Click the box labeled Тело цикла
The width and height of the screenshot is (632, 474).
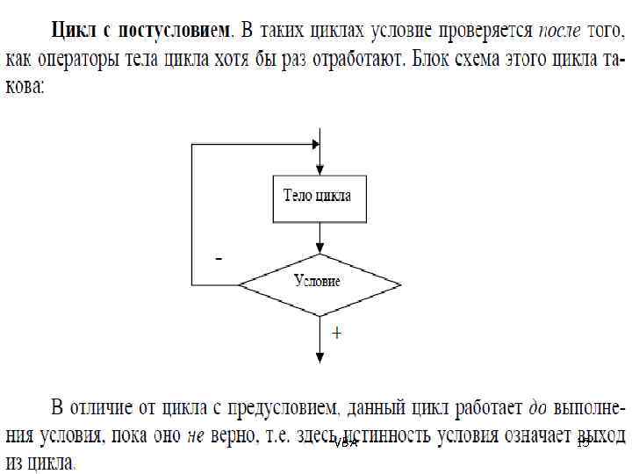[x=317, y=196]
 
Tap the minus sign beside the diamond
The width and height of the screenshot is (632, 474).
[x=219, y=260]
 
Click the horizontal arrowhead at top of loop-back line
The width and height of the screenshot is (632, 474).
[x=313, y=143]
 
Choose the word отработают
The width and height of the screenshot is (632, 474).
[x=355, y=61]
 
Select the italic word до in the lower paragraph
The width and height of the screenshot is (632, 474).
[x=535, y=407]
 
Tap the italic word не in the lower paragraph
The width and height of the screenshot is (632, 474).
[x=195, y=434]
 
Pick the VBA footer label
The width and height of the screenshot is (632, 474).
[x=347, y=443]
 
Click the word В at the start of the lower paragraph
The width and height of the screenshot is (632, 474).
[x=58, y=407]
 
